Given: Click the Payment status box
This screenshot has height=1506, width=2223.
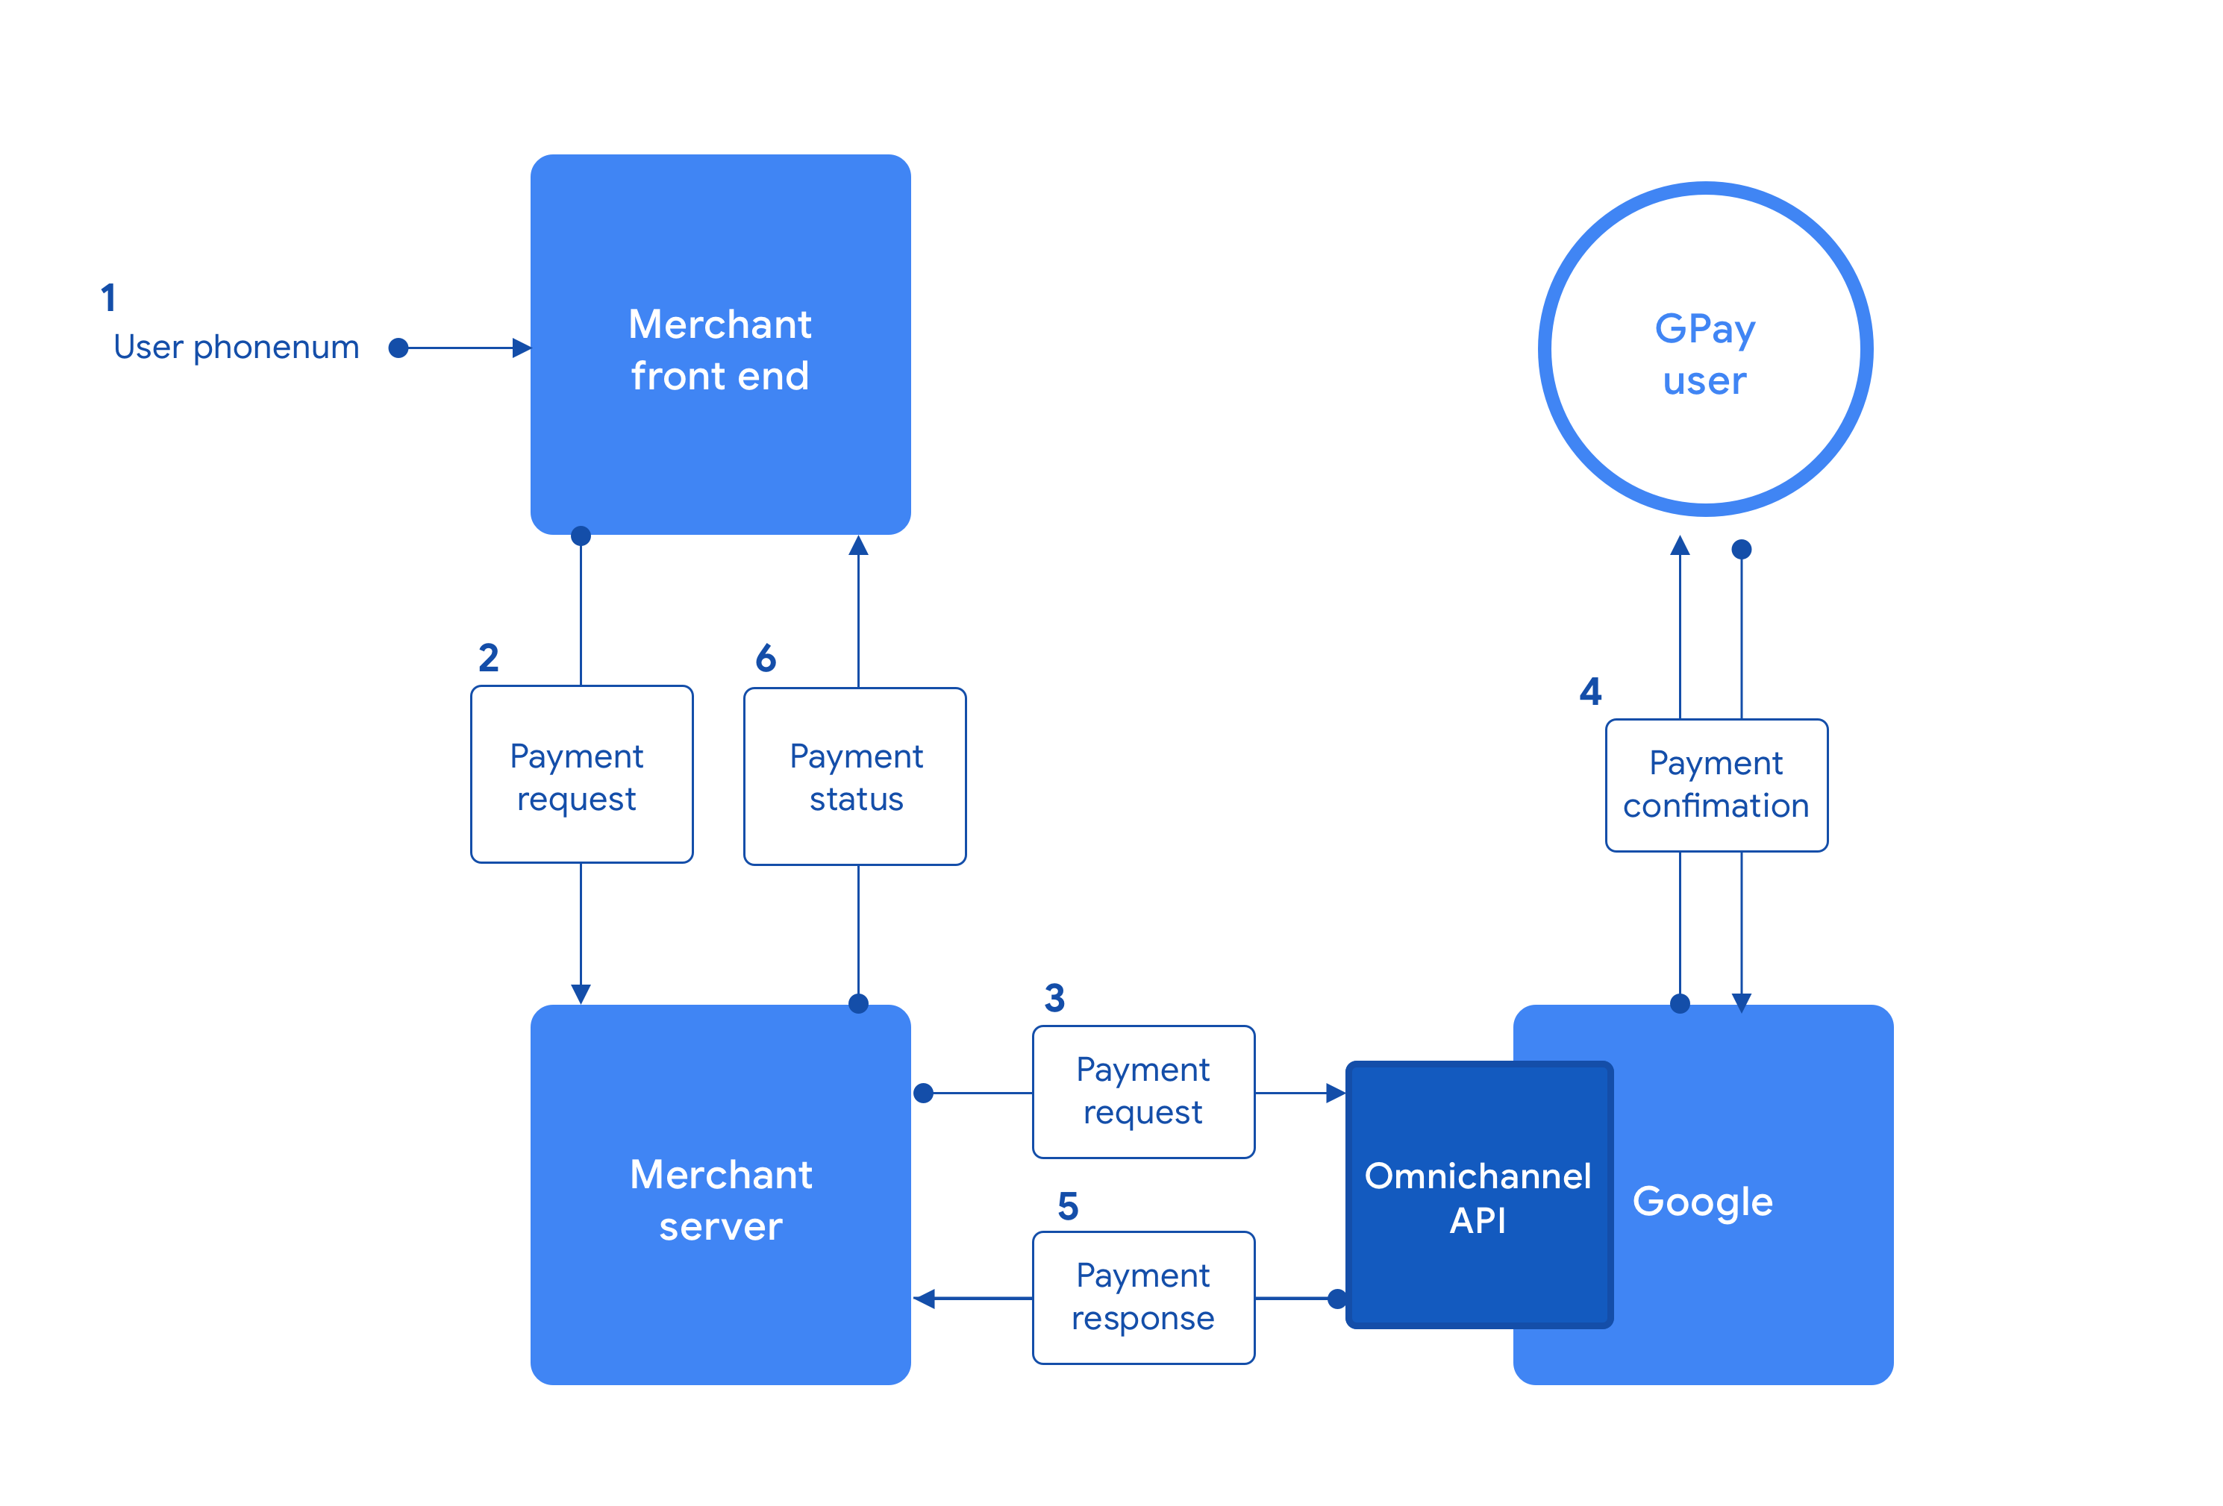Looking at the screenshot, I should [x=854, y=776].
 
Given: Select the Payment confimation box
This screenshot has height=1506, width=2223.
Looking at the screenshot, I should [x=1716, y=785].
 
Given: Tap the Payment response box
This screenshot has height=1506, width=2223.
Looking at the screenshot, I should [x=1143, y=1298].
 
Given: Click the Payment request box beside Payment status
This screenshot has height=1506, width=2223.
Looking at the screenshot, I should [x=581, y=774].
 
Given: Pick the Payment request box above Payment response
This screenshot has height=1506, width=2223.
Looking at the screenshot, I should [x=1143, y=1092].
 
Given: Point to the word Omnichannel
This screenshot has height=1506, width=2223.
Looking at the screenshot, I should [x=1477, y=1176].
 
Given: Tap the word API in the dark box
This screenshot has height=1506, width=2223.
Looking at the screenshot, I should [x=1477, y=1221].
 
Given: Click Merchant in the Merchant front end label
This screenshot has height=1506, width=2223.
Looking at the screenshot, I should [x=719, y=325].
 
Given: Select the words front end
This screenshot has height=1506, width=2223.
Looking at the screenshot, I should [x=719, y=377].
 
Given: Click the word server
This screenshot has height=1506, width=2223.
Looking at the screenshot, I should [x=720, y=1227].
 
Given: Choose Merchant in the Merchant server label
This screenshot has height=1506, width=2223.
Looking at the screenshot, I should [x=720, y=1175].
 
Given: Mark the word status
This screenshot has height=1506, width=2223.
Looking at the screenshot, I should [x=856, y=800].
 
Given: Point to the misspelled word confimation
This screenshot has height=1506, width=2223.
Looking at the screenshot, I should [x=1716, y=806].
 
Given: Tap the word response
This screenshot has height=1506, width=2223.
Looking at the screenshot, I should [x=1143, y=1320].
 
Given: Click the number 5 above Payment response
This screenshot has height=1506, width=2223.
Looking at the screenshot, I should [x=1066, y=1207].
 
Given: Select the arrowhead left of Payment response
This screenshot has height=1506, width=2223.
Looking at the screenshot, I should [x=924, y=1299].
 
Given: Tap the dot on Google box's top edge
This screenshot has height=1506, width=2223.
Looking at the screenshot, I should [x=1680, y=1004].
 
